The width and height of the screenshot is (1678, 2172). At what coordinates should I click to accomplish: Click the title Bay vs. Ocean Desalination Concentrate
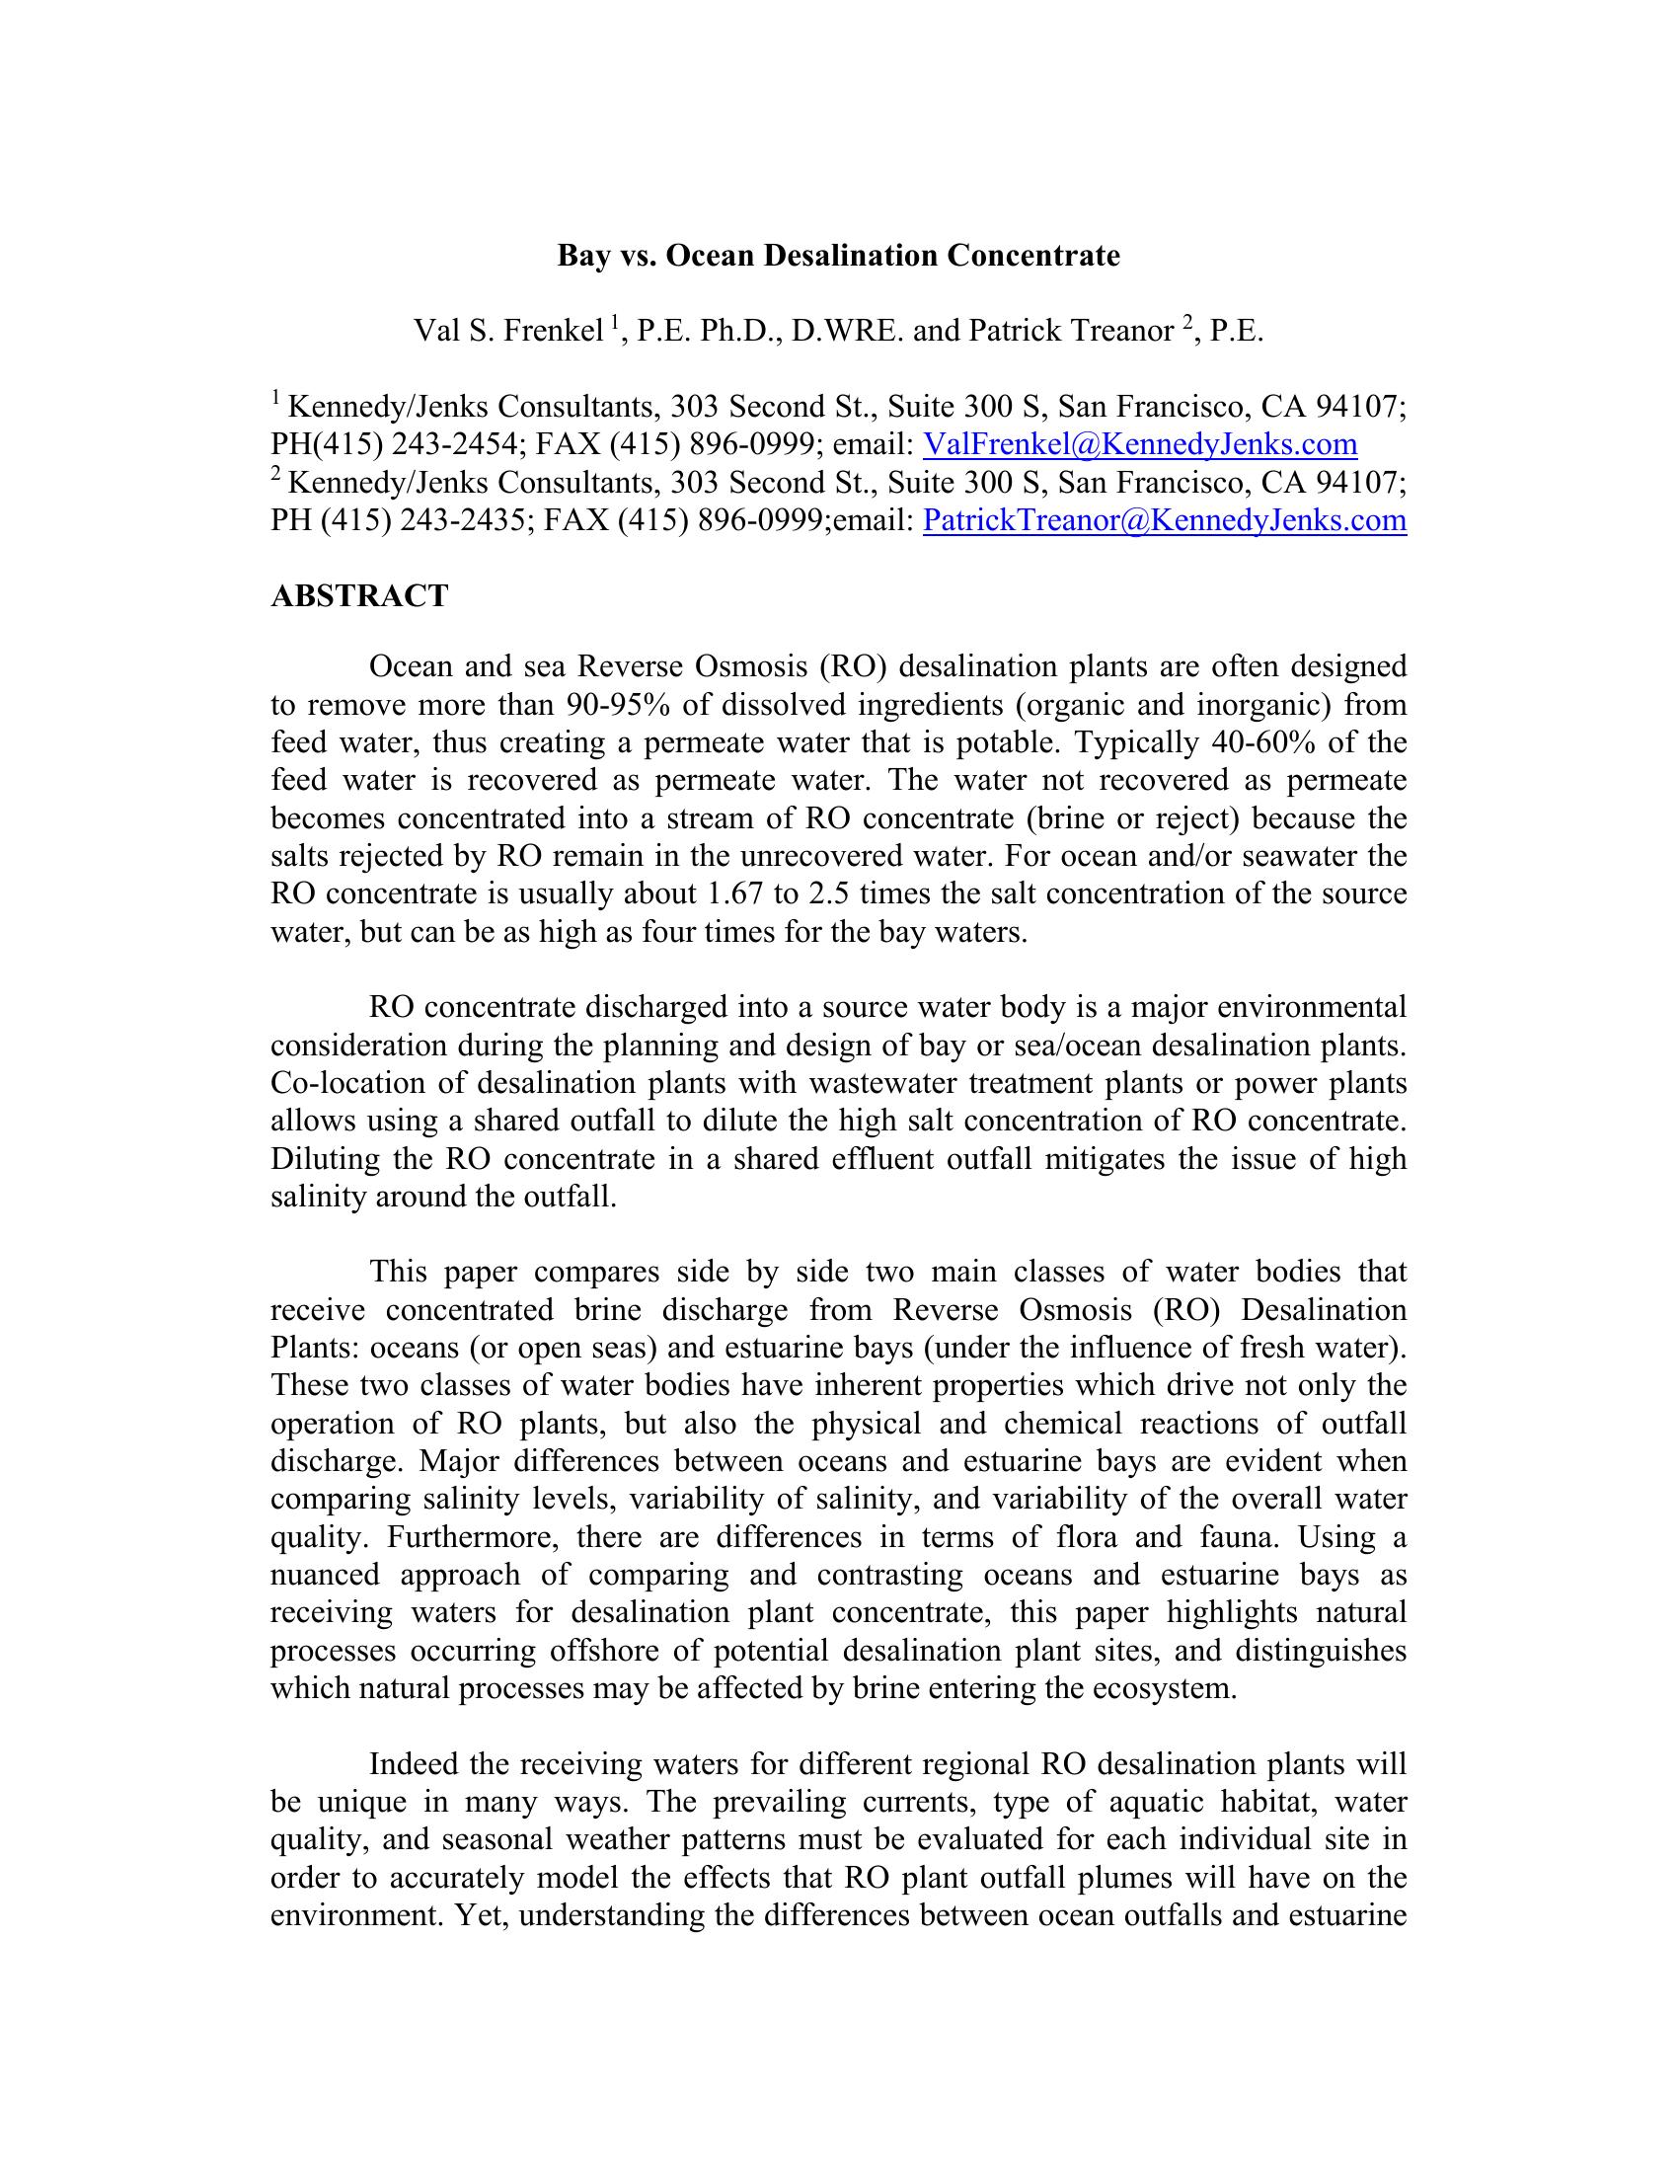838,256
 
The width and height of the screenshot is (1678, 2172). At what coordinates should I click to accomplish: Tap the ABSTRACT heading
359,595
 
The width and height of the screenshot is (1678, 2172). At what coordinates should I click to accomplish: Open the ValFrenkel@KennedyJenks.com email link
1140,443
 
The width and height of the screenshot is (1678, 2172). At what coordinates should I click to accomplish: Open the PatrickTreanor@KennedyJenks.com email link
1164,519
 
